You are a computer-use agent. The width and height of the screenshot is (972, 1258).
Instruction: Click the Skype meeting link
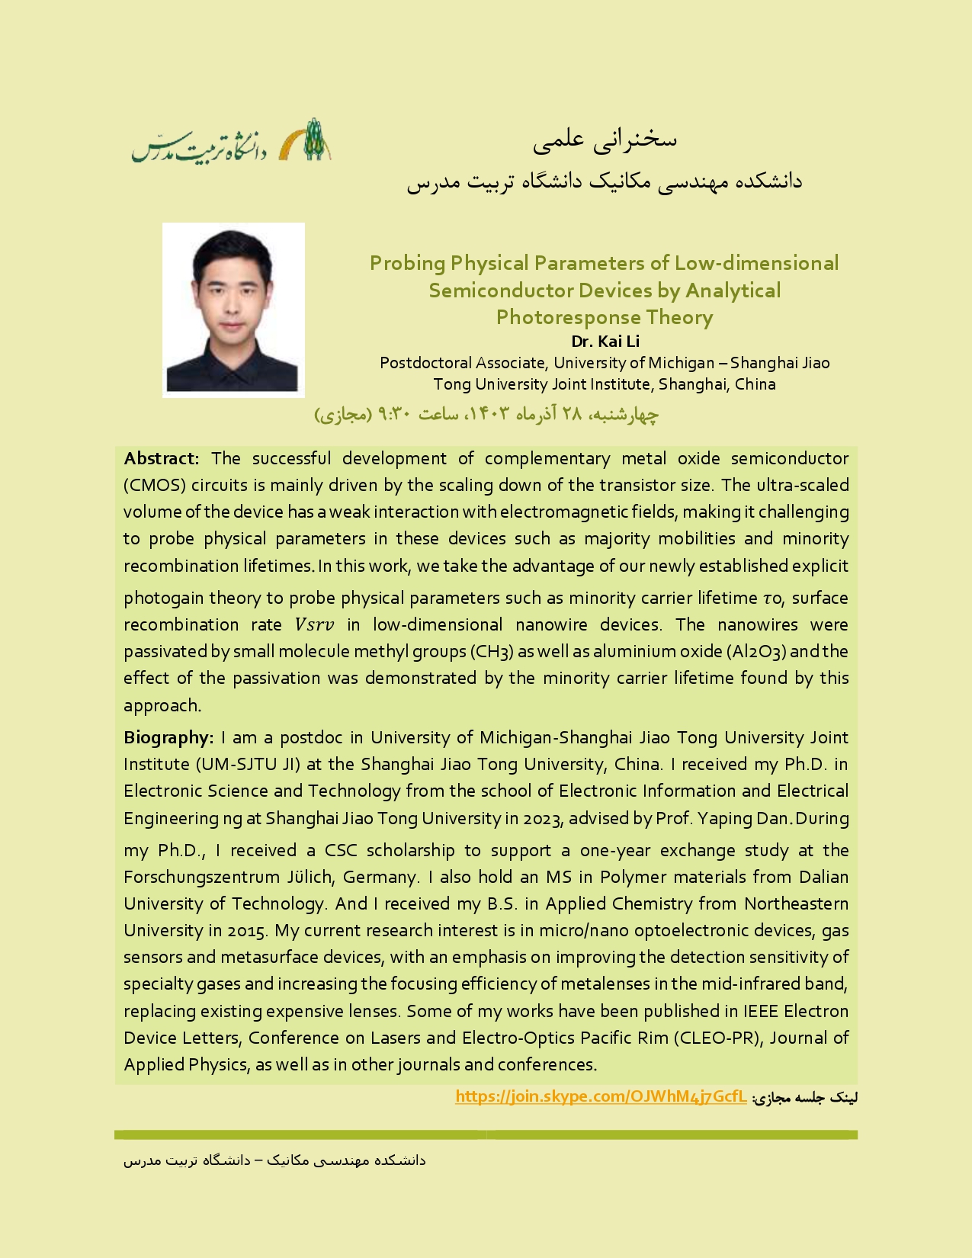[601, 1096]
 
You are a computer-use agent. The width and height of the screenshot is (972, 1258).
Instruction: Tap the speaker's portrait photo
[233, 310]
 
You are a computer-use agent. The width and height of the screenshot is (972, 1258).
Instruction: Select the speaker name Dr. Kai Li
[605, 341]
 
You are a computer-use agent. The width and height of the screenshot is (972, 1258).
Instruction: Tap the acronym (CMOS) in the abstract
[155, 485]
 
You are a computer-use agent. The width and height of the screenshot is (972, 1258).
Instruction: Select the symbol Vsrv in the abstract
[314, 624]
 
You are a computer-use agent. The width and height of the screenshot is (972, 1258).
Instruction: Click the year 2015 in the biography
[248, 930]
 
